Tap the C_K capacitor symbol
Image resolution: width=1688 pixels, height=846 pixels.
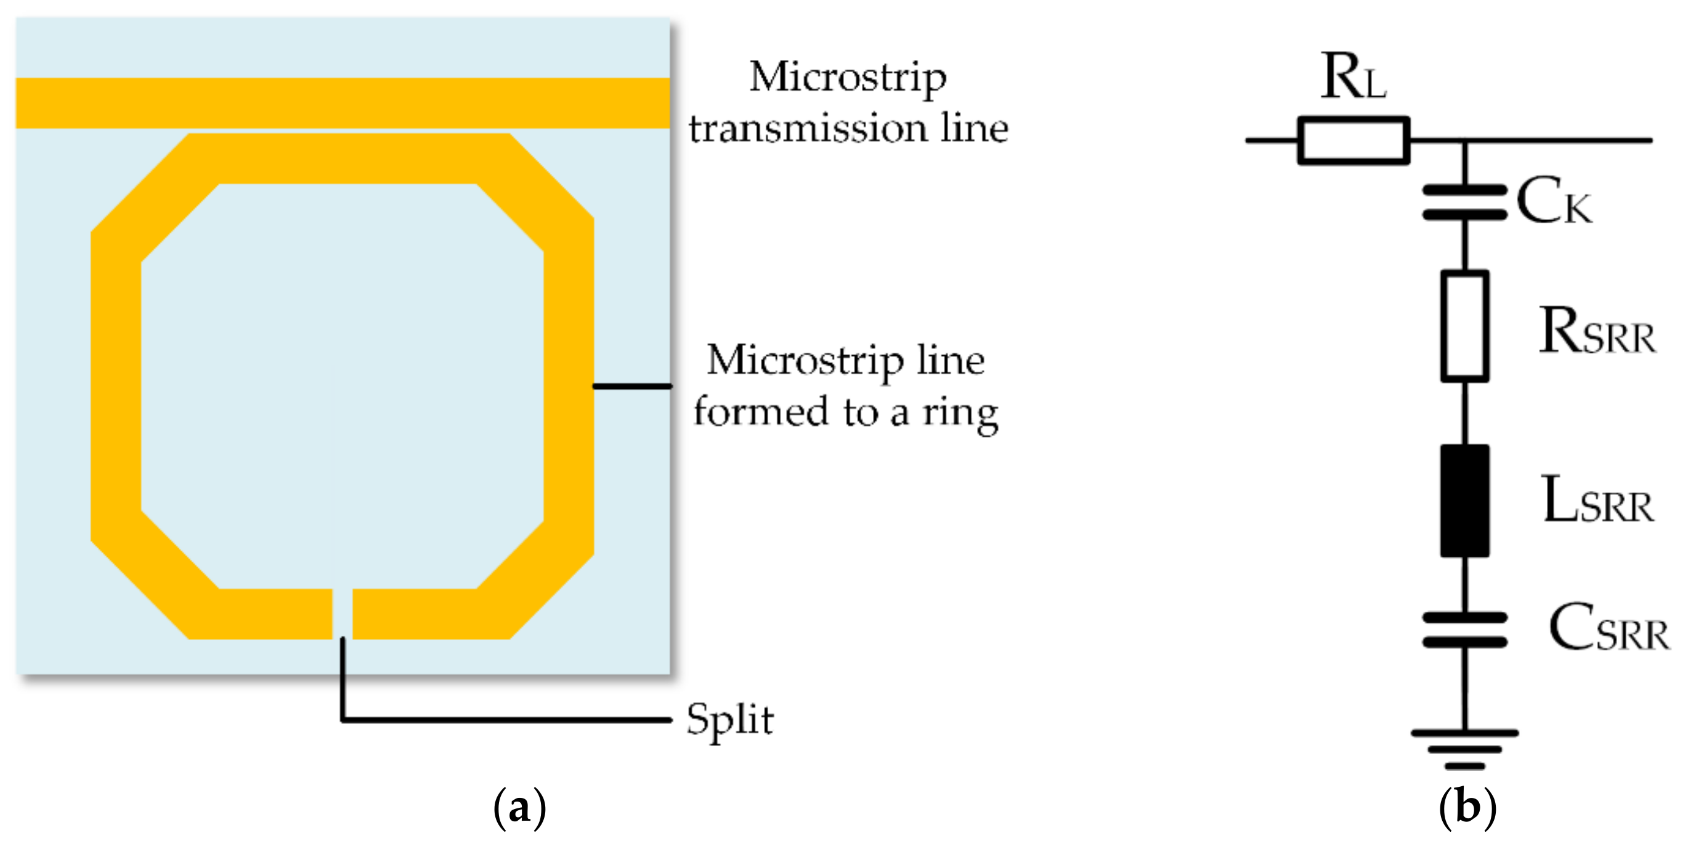point(1464,202)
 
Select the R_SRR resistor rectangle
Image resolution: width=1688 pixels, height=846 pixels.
point(1464,326)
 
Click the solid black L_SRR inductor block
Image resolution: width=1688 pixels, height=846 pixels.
point(1464,501)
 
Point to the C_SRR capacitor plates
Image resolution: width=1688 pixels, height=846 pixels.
point(1464,630)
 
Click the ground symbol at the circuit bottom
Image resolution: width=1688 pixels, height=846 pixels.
point(1464,747)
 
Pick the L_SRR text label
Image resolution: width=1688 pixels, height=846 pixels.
point(1597,501)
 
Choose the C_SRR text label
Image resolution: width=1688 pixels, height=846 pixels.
point(1609,628)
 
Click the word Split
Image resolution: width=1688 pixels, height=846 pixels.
point(730,720)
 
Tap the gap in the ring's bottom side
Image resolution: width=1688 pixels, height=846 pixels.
point(342,614)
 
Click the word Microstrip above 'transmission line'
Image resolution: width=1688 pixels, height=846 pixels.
point(848,78)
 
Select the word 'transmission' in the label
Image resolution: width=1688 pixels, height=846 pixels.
point(807,128)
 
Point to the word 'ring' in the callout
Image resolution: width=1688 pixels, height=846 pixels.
point(960,413)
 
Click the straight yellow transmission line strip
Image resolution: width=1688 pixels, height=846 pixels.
point(343,103)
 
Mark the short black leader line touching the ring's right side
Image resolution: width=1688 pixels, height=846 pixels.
point(632,386)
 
